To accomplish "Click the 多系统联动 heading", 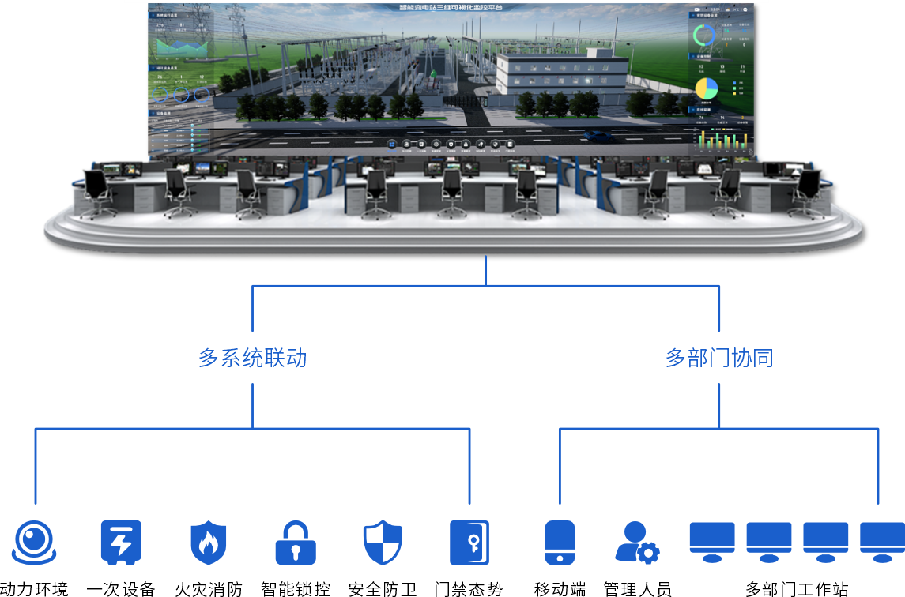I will [252, 359].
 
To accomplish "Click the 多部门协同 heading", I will [718, 359].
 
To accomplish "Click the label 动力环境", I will [34, 588].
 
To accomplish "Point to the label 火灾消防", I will [209, 588].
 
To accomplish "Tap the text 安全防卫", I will [383, 588].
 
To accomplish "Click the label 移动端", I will [560, 588].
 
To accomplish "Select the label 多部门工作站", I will [797, 588].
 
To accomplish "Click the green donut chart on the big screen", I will [703, 35].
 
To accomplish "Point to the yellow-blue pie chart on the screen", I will [706, 88].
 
